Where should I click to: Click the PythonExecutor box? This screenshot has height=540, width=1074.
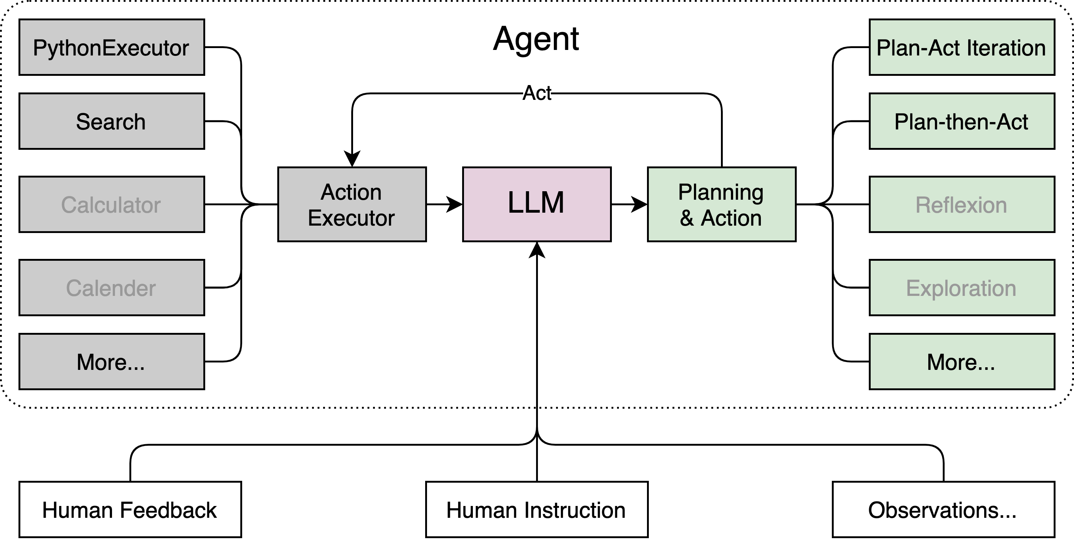111,47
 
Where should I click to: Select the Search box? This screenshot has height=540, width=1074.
111,121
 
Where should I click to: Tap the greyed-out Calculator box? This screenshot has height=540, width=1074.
111,204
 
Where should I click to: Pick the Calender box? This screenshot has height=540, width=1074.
111,288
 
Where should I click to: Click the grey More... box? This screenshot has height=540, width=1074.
111,361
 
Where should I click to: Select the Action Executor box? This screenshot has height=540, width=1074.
352,204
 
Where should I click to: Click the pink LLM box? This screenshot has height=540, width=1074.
536,204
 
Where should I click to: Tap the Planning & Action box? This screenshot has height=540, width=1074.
721,204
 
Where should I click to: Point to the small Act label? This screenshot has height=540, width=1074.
536,93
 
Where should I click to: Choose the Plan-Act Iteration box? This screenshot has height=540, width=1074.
962,47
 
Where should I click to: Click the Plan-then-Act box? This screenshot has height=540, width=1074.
962,121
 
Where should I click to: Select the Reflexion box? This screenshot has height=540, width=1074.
962,204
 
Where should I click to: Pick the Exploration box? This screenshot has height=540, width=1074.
962,288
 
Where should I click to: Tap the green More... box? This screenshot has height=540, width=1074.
962,361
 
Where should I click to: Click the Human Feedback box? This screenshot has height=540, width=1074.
130,510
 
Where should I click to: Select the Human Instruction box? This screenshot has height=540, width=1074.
536,510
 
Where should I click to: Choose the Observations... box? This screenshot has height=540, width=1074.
943,510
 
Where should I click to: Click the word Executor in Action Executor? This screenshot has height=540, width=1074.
352,218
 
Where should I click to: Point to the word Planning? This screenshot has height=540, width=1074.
721,192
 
